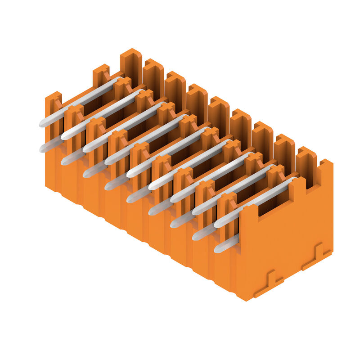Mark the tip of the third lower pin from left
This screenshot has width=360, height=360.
pos(86,173)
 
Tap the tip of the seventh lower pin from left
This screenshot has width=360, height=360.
pos(174,223)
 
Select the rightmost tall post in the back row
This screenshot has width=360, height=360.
pos(306,166)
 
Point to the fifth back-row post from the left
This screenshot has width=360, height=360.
pos(219,117)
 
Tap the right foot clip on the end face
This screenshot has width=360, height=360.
pos(317,256)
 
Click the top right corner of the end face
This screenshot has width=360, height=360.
pos(332,162)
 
